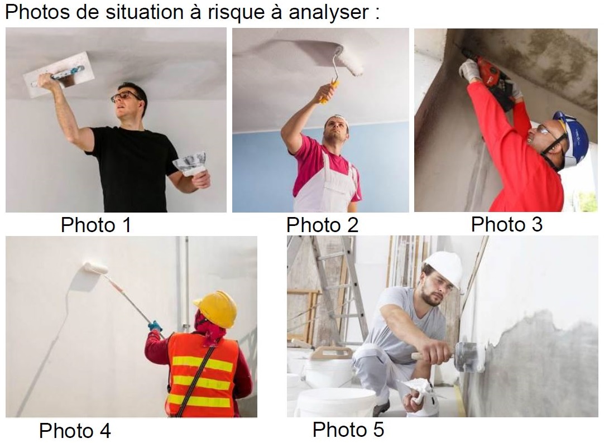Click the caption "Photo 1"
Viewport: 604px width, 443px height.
[97, 225]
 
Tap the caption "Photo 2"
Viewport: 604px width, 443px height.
[323, 225]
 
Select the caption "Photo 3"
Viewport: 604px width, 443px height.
[506, 224]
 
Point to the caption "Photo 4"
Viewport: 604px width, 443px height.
[75, 430]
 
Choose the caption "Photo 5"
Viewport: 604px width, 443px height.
[348, 430]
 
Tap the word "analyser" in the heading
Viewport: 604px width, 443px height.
[329, 12]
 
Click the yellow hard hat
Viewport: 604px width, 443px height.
[217, 309]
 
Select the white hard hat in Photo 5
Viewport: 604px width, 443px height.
[444, 268]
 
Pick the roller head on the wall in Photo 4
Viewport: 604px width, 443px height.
[95, 268]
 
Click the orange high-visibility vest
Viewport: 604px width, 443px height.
[203, 374]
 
